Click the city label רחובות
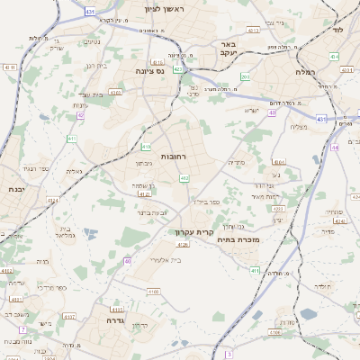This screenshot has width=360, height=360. point(172,156)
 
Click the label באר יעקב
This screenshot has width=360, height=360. point(229,47)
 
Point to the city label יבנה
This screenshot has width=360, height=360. point(13,190)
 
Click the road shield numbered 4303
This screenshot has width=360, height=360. point(115,91)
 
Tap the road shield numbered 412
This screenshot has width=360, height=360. point(184,179)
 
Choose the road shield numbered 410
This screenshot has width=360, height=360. point(146,146)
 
